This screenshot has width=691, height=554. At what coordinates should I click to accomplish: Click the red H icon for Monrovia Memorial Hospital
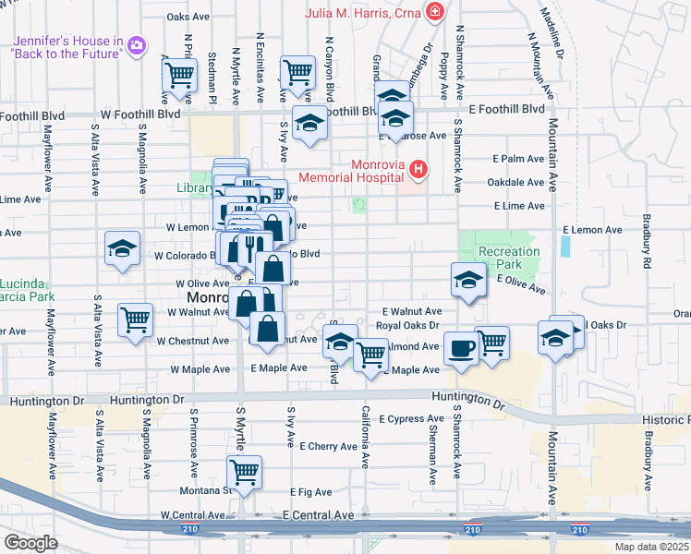coord(418,170)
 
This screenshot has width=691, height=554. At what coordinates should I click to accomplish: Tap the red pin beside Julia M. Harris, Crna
coord(434,12)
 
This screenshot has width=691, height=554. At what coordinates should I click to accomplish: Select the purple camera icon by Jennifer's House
coord(137,44)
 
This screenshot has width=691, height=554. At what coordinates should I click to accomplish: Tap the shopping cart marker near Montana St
coord(245,471)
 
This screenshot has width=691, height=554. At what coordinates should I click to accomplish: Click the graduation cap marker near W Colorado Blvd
coord(122,249)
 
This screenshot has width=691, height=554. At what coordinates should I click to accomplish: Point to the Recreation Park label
coord(508,258)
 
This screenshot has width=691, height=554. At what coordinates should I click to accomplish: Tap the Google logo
coord(31,543)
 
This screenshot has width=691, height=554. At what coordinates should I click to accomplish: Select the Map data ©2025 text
coord(651,547)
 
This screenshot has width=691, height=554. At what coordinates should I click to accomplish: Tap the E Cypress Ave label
coord(411,418)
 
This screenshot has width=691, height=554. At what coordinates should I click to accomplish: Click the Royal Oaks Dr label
coord(407,326)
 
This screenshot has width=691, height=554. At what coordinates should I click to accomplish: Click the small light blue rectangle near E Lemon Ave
coord(565,246)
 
